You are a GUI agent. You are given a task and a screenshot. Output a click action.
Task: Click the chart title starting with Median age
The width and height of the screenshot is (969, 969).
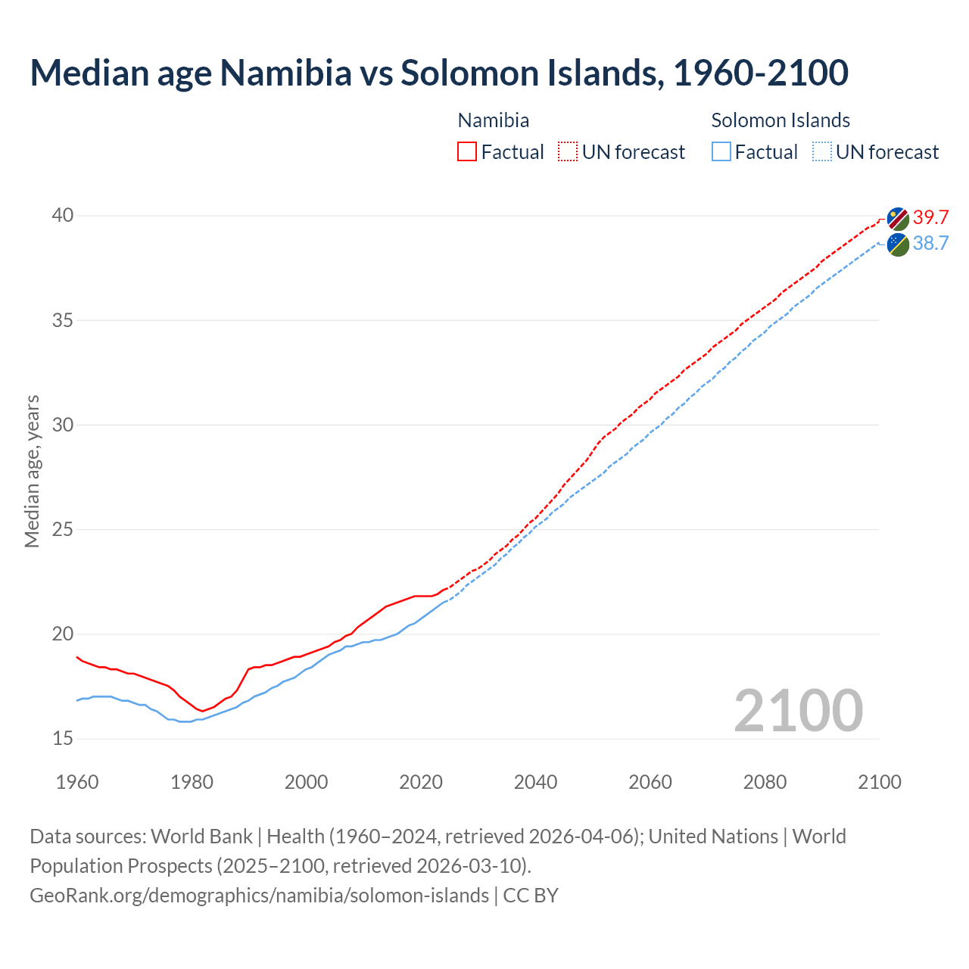[439, 73]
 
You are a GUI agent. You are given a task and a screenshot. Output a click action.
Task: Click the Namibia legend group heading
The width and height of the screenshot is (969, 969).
[494, 120]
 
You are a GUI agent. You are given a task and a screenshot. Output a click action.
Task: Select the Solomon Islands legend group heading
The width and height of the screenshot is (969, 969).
[780, 120]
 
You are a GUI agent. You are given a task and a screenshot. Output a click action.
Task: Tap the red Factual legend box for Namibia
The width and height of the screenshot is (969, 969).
[467, 152]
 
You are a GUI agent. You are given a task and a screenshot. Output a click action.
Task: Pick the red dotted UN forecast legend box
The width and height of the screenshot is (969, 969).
[568, 152]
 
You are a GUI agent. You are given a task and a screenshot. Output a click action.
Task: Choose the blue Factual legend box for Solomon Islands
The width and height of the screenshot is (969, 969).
[721, 152]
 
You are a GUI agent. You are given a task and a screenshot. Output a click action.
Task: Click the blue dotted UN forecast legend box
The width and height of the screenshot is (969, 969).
[822, 152]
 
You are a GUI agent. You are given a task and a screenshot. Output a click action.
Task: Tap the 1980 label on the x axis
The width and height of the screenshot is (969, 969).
[192, 782]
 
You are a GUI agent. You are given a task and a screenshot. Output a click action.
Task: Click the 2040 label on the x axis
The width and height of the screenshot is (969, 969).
[535, 782]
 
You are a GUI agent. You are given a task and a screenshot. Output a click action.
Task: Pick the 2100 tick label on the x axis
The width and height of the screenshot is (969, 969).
[879, 782]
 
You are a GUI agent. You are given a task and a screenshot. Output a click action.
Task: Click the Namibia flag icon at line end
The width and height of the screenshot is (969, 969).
[898, 219]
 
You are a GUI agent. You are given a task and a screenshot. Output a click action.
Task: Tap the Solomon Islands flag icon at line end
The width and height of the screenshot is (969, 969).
[898, 245]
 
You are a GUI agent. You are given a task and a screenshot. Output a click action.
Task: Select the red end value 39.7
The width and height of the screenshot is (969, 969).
[930, 217]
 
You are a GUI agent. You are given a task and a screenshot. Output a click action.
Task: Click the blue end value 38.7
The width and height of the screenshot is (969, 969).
[930, 243]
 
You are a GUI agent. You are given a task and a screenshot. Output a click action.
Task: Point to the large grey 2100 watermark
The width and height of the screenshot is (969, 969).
[798, 710]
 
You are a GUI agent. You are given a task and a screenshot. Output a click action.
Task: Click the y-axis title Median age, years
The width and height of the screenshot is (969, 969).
[32, 471]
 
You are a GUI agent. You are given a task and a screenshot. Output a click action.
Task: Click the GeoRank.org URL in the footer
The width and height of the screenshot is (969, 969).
[259, 895]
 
